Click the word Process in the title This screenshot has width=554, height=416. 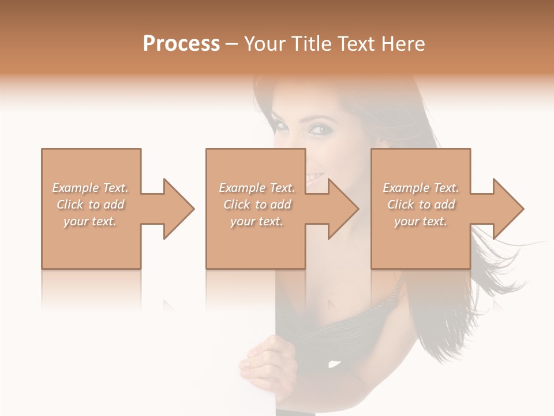tap(181, 43)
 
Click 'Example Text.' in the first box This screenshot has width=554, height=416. tap(91, 188)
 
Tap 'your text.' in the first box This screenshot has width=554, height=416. tap(91, 221)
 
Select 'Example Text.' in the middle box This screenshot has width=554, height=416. tap(257, 188)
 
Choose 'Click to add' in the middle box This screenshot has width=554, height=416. tap(257, 205)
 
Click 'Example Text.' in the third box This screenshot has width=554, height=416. tap(421, 188)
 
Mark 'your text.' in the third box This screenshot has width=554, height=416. tap(421, 221)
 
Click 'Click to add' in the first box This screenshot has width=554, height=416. tap(91, 205)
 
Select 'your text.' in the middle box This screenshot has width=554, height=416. tap(257, 221)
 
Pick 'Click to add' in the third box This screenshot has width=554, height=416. tap(421, 205)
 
